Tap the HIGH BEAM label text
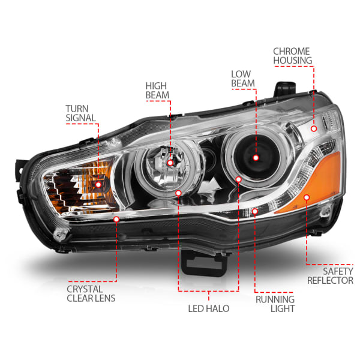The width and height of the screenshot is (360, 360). pos(157,91)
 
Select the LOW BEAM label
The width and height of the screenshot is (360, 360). pos(243,79)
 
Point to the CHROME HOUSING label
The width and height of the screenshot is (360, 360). pos(293,56)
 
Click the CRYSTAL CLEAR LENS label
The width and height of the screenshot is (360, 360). pos(91,293)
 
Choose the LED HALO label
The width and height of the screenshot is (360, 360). pos(209,308)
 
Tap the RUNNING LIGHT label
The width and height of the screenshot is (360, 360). pos(275,304)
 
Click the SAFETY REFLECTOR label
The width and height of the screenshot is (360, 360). pos(330,276)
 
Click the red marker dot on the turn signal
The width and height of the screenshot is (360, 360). pos(98,185)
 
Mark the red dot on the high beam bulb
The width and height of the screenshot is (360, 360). pos(170,163)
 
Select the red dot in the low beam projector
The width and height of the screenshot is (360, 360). pos(256,158)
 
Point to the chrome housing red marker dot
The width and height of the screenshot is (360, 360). pos(314,128)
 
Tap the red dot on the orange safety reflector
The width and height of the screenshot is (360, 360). pos(307,197)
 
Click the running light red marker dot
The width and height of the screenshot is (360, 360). pos(255,211)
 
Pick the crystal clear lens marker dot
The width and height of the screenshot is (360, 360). pos(116,219)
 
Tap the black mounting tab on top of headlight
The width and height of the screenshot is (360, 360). pos(285,88)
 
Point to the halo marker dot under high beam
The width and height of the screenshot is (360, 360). pos(178,193)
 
